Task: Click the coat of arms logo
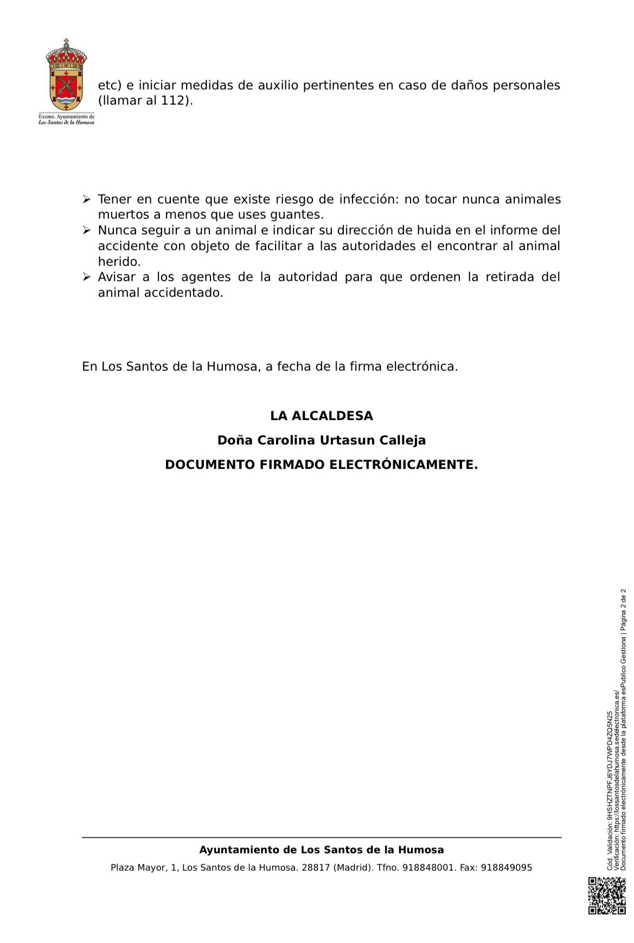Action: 67,75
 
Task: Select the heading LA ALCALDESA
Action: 322,416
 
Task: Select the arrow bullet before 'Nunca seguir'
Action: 86,231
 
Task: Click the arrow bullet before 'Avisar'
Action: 86,277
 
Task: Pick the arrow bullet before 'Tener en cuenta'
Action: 86,200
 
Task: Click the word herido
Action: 119,262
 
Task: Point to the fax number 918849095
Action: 507,868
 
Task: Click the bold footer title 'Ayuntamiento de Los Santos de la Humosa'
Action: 322,850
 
